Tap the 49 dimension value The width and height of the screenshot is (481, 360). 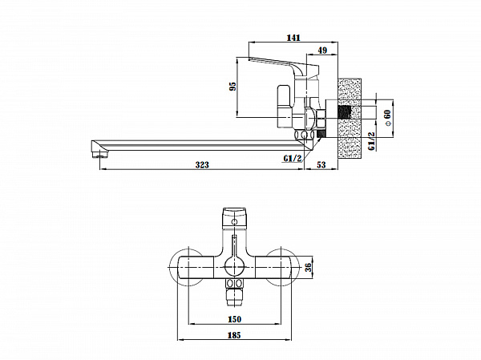(321, 51)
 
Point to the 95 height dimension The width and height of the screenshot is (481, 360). (233, 87)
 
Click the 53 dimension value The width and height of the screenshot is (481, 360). (321, 165)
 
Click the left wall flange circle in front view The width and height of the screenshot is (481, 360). (188, 266)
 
